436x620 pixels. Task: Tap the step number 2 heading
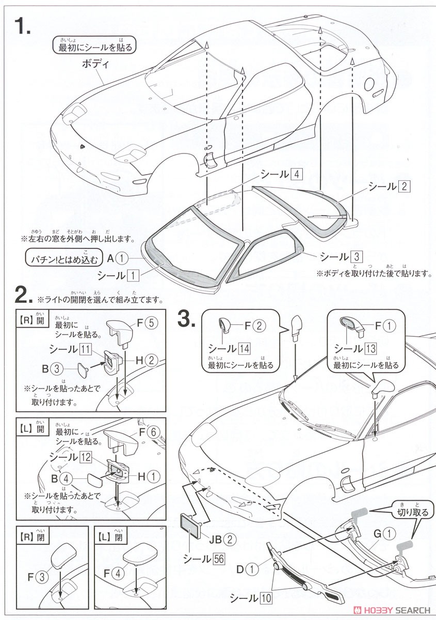(x=24, y=296)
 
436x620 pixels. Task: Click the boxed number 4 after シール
(x=297, y=174)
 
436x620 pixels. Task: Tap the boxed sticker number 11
(x=86, y=350)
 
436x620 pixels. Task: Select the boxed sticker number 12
(x=86, y=457)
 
